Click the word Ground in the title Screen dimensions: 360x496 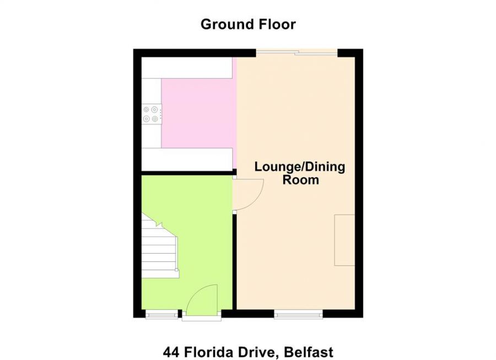click(x=225, y=24)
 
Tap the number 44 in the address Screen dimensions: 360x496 click(x=171, y=352)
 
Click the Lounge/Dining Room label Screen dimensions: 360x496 click(x=300, y=173)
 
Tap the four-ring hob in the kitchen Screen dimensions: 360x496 click(x=152, y=113)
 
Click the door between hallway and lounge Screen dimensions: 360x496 click(x=247, y=194)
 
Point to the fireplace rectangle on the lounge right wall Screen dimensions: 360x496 click(x=344, y=240)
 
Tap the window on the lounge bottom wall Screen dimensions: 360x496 click(x=298, y=315)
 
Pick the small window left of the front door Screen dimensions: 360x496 click(x=161, y=315)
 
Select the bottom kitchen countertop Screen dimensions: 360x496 click(x=187, y=159)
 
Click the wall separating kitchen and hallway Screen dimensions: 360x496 click(x=187, y=173)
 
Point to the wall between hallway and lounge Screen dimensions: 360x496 click(x=235, y=259)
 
